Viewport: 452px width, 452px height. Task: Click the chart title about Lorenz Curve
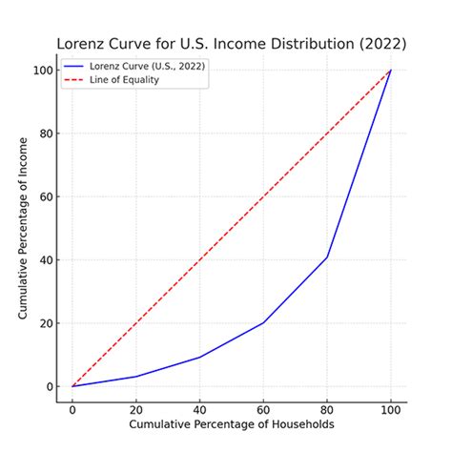231,44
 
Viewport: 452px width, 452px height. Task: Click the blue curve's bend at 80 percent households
327,257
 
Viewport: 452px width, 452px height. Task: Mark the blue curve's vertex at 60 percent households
263,322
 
